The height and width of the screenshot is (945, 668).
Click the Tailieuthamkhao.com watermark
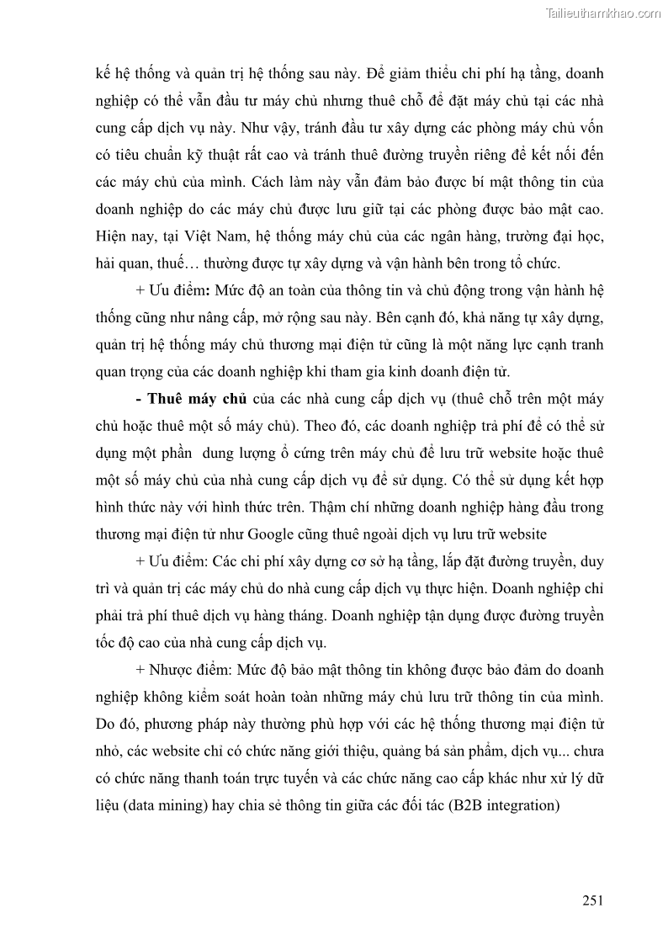[x=603, y=13]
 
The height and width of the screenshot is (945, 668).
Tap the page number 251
[x=593, y=900]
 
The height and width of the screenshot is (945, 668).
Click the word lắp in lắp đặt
[x=427, y=560]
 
